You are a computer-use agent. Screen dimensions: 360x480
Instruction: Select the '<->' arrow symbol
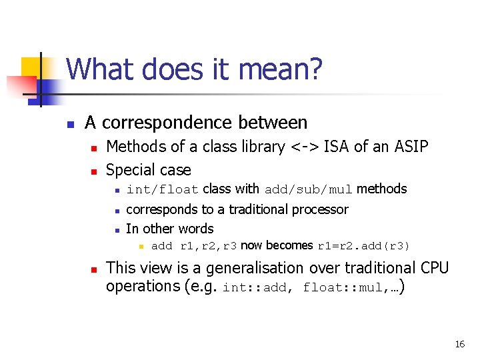coord(303,147)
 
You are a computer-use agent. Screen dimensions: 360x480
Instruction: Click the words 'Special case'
coord(149,170)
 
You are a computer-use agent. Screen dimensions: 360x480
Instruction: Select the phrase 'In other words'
coord(169,229)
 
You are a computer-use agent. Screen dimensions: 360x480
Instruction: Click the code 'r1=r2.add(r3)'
coord(363,246)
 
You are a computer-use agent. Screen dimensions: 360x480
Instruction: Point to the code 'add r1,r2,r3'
coord(194,246)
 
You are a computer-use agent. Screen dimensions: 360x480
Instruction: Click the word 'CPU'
coord(434,268)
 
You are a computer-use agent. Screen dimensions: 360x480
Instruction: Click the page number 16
coord(459,344)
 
